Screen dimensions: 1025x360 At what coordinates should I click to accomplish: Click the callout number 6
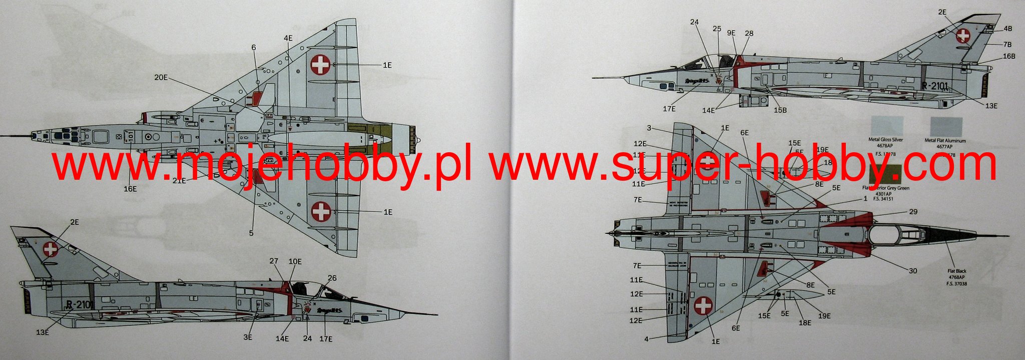254,47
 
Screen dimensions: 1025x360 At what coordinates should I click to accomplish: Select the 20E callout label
161,77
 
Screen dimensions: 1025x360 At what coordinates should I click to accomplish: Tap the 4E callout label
288,38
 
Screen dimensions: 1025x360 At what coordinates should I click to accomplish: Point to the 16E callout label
130,189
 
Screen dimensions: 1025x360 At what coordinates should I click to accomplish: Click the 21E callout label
179,180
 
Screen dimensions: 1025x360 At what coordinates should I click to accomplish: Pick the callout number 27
274,261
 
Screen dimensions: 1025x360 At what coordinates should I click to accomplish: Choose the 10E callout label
295,261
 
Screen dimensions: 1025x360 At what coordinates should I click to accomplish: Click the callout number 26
332,278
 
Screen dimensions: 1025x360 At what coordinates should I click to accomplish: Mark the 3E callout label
248,337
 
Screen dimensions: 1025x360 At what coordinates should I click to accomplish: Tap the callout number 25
717,29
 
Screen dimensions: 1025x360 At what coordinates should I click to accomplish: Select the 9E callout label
731,33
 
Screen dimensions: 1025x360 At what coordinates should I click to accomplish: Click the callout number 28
749,34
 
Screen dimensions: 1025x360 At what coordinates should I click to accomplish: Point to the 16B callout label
1009,56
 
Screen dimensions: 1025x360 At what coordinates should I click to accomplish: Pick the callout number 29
913,212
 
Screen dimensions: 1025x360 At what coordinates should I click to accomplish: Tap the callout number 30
913,271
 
